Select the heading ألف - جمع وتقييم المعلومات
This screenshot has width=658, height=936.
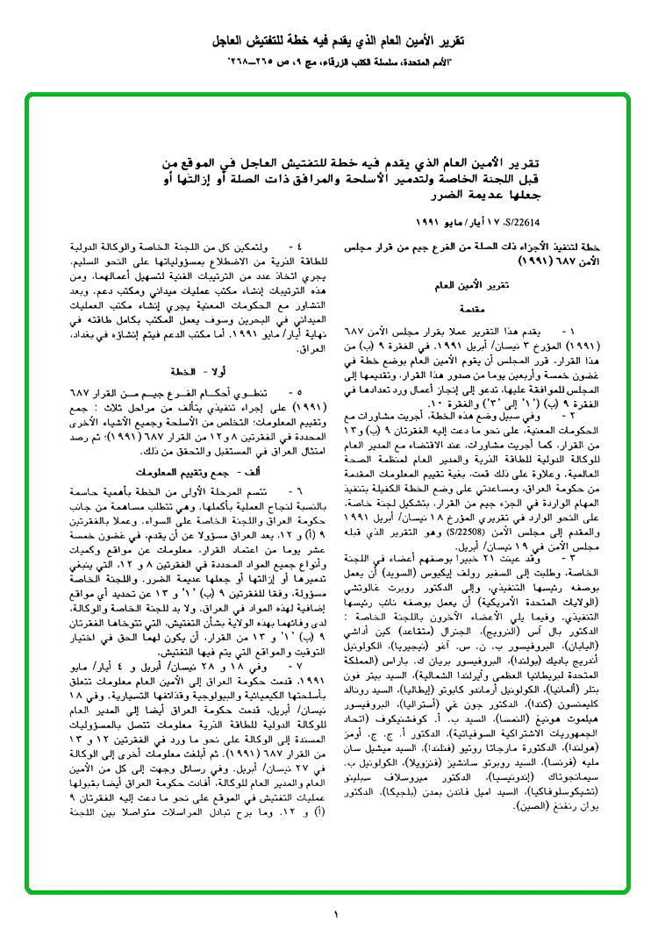(x=194, y=471)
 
